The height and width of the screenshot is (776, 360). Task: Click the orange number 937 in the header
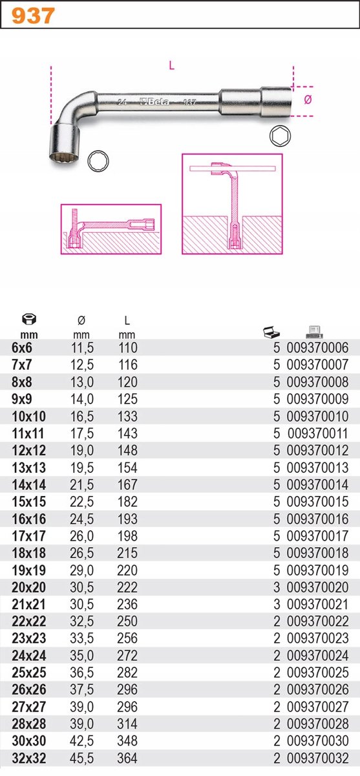[x=33, y=16]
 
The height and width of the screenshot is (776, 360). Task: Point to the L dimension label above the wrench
[x=172, y=65]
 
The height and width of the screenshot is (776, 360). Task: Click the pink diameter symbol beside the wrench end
[x=308, y=100]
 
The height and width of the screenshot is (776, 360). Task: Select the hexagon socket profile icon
[x=280, y=136]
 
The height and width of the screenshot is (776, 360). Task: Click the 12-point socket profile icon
[x=98, y=161]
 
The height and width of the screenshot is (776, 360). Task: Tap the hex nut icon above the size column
[x=29, y=319]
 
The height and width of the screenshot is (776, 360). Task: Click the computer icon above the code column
[x=314, y=332]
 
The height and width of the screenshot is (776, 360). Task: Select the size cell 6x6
[x=21, y=347]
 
